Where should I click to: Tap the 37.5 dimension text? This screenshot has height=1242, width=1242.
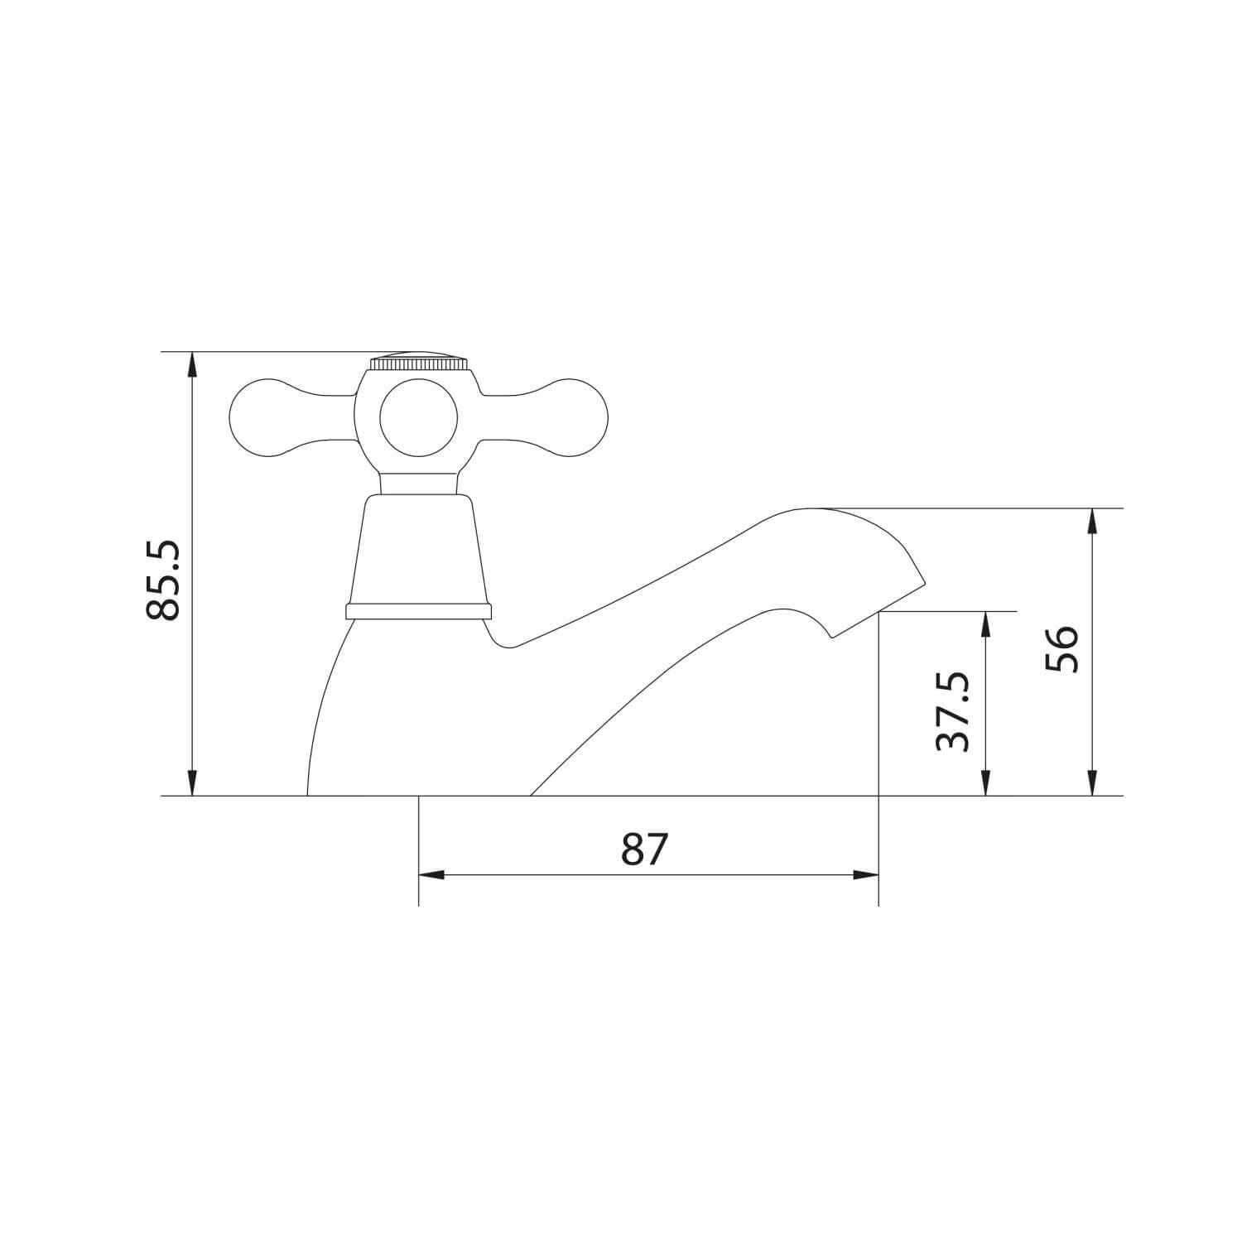point(952,710)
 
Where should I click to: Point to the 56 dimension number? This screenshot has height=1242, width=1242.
point(1060,649)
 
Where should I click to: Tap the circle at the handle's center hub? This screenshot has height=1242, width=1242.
point(418,418)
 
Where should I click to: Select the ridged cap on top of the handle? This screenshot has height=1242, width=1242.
point(418,363)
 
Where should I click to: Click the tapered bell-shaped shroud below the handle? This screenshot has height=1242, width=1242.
point(418,551)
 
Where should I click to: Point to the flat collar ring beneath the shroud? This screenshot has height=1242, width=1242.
point(418,611)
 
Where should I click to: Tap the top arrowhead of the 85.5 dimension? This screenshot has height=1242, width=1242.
point(192,363)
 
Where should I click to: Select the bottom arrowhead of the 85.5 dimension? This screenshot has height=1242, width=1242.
point(192,785)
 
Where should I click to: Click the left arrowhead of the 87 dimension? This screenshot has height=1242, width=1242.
point(431,874)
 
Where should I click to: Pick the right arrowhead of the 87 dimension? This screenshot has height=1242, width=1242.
point(866,874)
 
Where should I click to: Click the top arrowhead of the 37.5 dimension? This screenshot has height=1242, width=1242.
point(985,623)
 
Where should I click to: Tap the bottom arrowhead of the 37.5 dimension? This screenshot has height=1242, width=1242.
point(985,785)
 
